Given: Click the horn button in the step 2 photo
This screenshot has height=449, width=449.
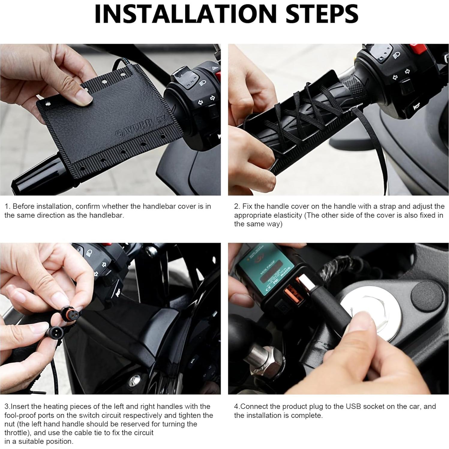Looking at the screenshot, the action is pos(415,107).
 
